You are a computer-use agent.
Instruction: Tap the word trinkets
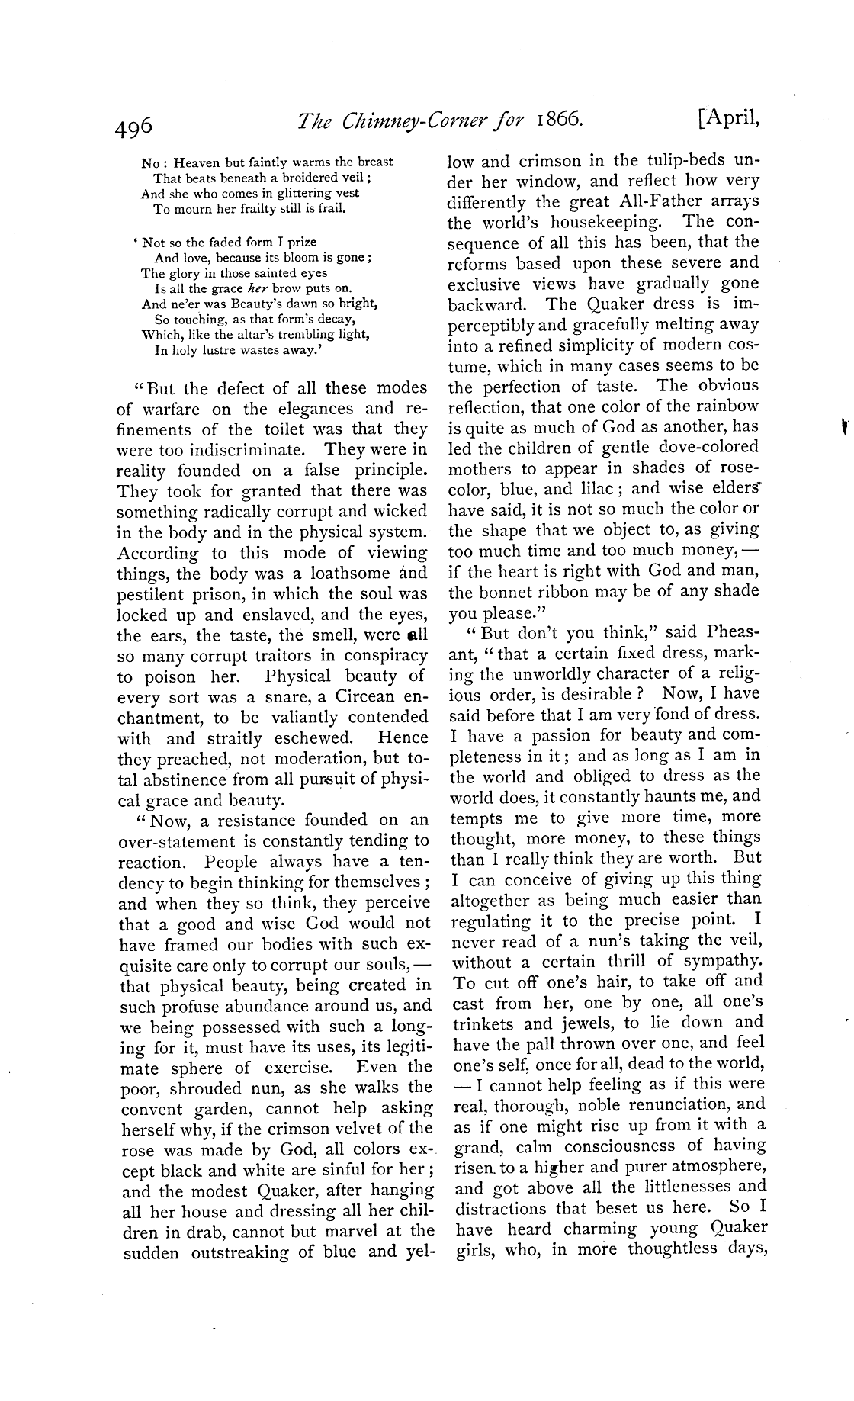486,1023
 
